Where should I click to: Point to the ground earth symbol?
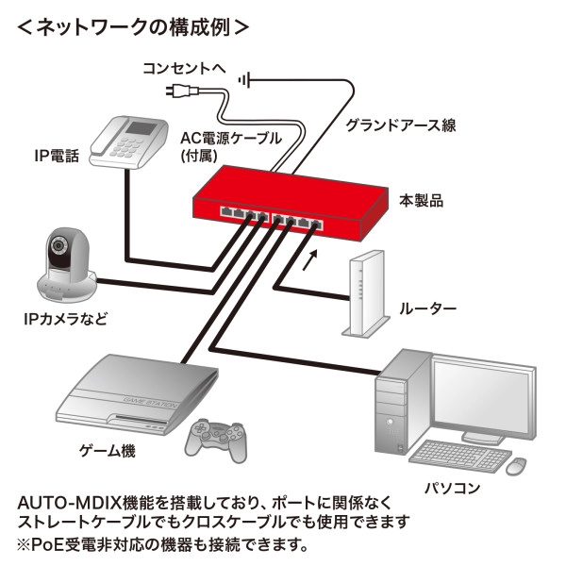point(247,80)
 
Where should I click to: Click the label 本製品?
point(421,201)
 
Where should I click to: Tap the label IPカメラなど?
point(64,319)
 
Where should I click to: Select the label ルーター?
point(427,308)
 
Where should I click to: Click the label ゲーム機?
point(107,451)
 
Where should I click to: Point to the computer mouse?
point(515,466)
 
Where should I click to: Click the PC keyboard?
point(456,457)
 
